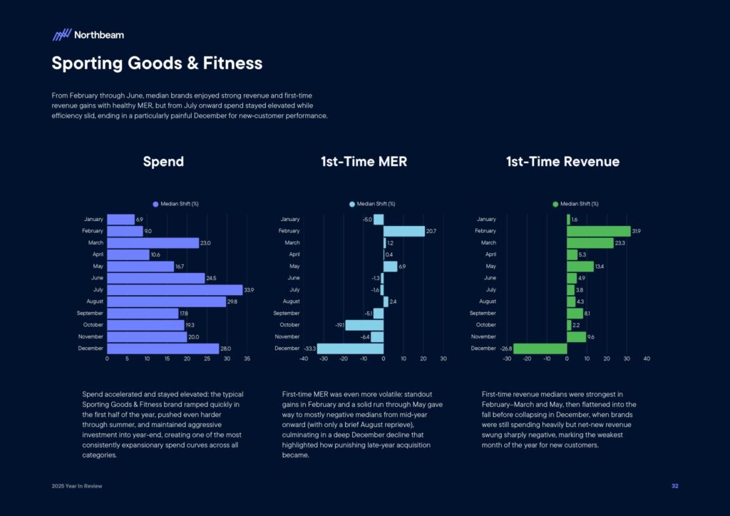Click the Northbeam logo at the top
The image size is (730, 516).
tap(88, 34)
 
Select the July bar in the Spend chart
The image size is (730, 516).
tap(175, 290)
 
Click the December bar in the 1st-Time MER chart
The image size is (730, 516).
tap(350, 349)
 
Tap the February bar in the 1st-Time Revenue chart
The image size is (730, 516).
tap(598, 231)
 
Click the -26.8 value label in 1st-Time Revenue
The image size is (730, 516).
tap(505, 349)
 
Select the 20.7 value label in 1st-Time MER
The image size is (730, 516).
tap(431, 231)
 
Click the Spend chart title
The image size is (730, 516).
tap(163, 162)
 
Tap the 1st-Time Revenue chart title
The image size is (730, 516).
tap(562, 162)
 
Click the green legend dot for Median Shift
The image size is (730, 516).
tap(556, 204)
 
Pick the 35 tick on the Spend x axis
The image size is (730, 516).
tap(247, 359)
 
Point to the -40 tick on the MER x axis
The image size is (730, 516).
tap(304, 359)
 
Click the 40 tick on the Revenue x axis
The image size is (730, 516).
tap(647, 359)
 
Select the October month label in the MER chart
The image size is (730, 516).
tap(290, 325)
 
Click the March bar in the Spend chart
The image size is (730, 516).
tap(153, 243)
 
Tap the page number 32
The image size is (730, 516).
tap(674, 486)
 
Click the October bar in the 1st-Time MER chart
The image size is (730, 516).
tap(364, 325)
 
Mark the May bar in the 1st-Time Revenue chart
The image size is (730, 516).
tap(580, 267)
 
